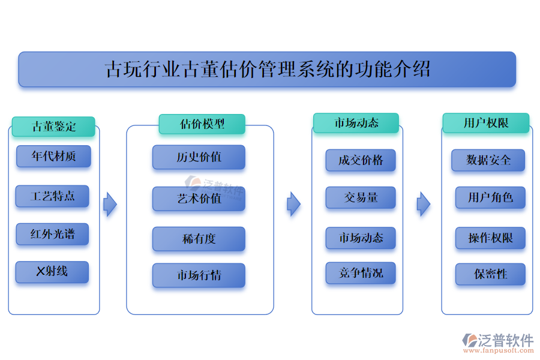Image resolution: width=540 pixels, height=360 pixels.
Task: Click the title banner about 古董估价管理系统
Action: (267, 69)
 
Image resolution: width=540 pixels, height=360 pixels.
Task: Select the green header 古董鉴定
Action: (53, 127)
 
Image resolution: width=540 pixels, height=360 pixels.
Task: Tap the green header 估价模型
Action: (202, 124)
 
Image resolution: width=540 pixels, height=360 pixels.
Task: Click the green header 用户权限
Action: (486, 123)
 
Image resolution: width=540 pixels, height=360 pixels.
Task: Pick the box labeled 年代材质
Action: (53, 157)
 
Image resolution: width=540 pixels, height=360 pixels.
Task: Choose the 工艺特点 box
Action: (53, 196)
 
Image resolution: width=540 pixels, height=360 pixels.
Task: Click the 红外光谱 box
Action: (53, 234)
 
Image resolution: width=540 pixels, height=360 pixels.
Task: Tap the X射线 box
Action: (52, 272)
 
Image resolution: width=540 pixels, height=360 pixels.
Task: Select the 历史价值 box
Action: (199, 157)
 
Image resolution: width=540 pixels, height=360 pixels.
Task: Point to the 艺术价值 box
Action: (199, 199)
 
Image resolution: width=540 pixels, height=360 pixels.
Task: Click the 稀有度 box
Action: (199, 239)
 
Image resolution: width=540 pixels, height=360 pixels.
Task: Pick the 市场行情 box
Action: (199, 275)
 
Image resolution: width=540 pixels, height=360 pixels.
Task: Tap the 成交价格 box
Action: (361, 160)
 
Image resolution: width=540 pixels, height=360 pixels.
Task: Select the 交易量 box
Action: (361, 198)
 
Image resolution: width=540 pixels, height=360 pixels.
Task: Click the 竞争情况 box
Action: (361, 274)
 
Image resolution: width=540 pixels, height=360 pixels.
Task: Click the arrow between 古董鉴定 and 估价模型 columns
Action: (110, 205)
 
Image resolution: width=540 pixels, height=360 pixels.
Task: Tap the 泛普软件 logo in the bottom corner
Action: (498, 342)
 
